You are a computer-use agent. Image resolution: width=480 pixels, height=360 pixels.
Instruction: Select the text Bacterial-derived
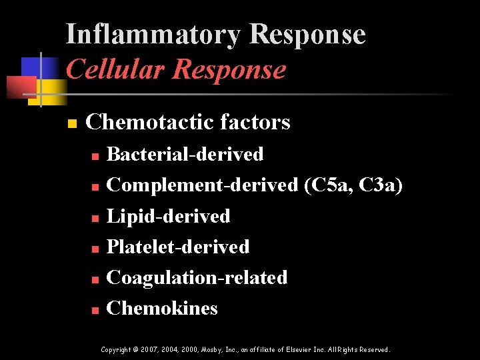185,154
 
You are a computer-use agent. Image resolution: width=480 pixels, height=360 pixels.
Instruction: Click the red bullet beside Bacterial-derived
95,155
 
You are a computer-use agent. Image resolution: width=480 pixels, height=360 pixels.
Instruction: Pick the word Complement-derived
202,185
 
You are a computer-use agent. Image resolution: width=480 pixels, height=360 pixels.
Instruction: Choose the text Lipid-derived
168,216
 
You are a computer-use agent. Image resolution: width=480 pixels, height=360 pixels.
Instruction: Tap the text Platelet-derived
178,247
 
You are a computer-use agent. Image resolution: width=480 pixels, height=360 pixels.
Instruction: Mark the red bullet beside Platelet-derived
95,249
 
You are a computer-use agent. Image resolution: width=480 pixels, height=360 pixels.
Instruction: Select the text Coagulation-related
197,277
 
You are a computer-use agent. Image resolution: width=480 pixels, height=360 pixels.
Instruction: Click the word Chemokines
162,308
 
